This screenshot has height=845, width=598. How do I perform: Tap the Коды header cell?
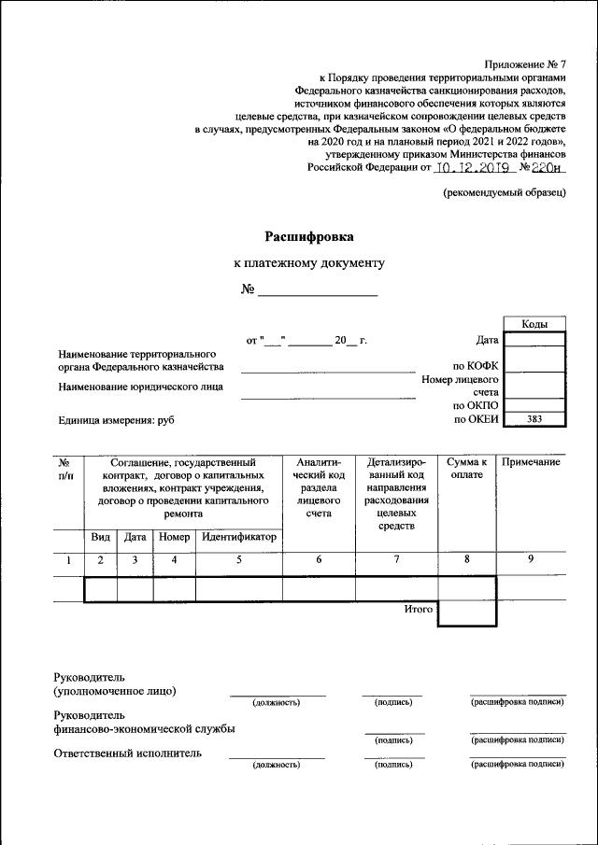tap(534, 324)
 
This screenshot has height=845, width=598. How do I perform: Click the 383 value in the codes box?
tap(534, 420)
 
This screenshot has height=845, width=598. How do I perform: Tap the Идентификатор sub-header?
tap(239, 538)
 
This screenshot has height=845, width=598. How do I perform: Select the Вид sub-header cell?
tap(100, 538)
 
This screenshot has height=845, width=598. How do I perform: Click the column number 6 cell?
tap(319, 560)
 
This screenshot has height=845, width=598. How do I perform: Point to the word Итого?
tap(419, 609)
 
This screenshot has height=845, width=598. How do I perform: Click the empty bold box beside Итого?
tap(466, 613)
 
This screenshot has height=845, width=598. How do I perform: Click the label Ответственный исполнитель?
tap(128, 753)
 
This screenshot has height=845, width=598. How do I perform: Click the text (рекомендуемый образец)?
tap(505, 192)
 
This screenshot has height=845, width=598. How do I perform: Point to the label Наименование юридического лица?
tap(147, 387)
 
